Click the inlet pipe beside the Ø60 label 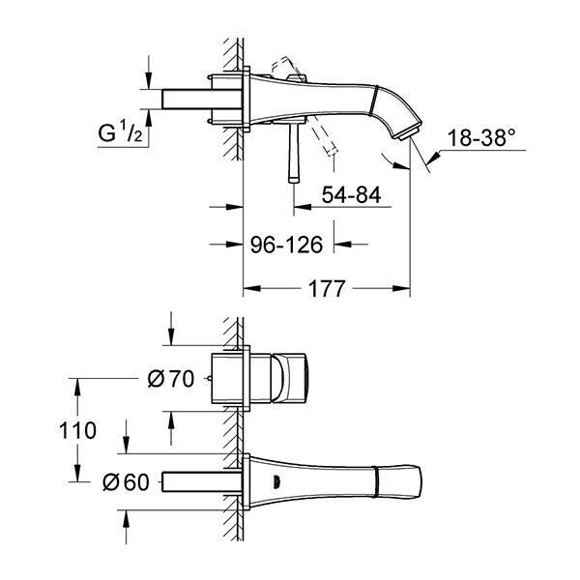coord(199,480)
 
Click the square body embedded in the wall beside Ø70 coord(233,380)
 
